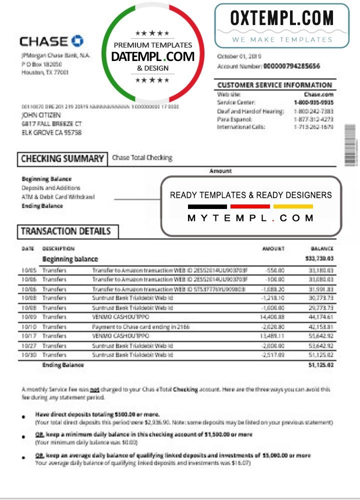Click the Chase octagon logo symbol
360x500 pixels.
coord(77,41)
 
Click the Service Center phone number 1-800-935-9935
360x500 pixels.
coord(313,102)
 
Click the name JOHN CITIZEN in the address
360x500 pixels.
coord(39,115)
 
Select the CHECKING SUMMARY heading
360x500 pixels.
coord(62,159)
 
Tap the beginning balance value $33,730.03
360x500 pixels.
coord(319,259)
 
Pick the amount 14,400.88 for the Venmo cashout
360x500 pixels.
coord(272,317)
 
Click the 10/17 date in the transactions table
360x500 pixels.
coord(28,336)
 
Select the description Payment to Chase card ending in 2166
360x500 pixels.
coord(141,326)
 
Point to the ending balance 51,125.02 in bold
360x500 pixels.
coord(319,365)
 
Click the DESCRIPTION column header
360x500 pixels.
coord(58,248)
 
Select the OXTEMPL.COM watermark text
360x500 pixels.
coord(281,18)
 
